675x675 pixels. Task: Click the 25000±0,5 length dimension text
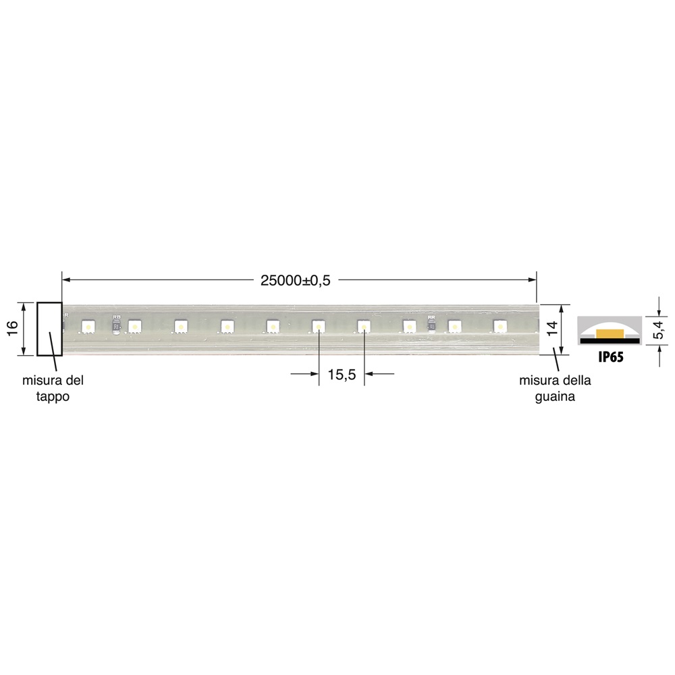(295, 281)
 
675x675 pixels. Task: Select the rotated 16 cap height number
(12, 329)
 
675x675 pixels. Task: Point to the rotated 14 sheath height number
(551, 329)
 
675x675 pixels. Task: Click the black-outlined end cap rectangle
(49, 329)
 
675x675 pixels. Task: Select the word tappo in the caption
(53, 398)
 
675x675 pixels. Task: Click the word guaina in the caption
(555, 398)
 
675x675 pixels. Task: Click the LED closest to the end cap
(88, 327)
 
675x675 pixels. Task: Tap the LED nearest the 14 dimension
(500, 327)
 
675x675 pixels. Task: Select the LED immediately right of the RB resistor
(134, 327)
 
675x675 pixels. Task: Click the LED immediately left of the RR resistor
(409, 327)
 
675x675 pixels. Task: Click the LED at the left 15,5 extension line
(317, 327)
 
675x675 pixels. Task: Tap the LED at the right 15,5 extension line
(363, 327)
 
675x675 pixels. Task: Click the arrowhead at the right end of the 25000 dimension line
(533, 278)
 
